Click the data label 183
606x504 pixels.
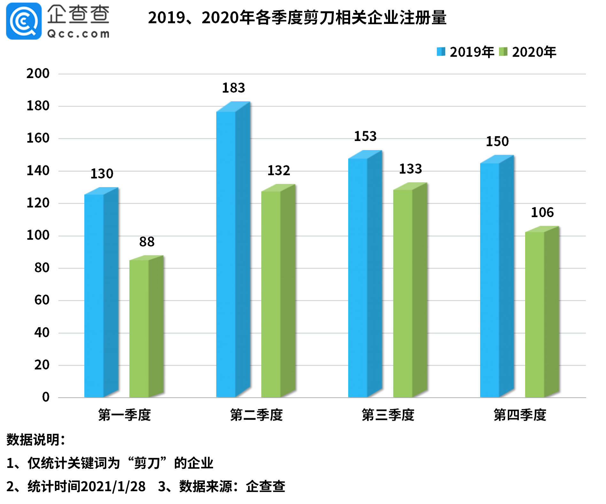coord(234,88)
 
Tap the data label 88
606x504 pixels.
coord(147,242)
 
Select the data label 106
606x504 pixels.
coord(542,212)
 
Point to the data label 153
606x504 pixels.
coord(365,137)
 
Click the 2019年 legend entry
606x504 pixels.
coord(465,52)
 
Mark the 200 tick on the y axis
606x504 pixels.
coord(38,74)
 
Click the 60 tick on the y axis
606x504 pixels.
coord(42,300)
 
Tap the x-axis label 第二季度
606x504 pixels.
coord(256,415)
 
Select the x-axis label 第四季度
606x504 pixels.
coord(520,415)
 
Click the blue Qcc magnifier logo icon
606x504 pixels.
coord(24,21)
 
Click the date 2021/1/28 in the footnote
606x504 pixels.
coord(113,486)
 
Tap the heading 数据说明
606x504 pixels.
coord(35,440)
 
